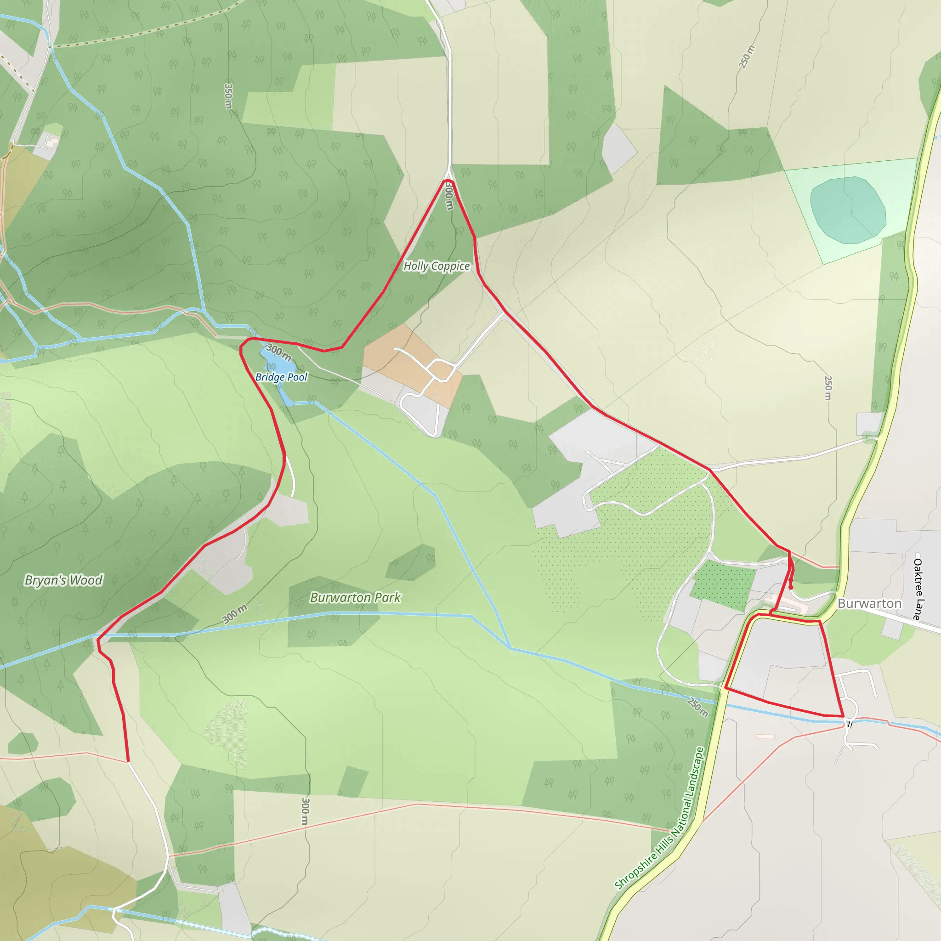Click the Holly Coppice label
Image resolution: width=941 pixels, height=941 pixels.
[x=436, y=266]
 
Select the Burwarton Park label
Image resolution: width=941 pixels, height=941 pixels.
[x=355, y=598]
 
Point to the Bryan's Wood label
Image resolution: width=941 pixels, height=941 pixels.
[x=64, y=580]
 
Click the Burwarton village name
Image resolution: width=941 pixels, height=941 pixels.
[x=869, y=603]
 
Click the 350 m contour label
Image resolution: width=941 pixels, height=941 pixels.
[x=228, y=96]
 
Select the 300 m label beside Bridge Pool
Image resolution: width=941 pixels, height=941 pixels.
[x=279, y=352]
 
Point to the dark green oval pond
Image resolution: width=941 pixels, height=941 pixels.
[x=847, y=210]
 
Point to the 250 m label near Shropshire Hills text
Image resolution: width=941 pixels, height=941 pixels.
[x=697, y=708]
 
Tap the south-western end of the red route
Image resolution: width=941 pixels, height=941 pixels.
[x=128, y=760]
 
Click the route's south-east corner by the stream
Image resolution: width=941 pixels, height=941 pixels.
[x=843, y=716]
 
